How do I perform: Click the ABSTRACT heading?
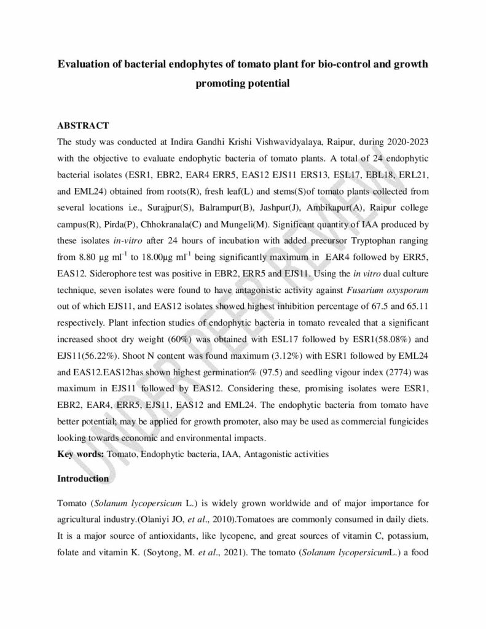click(x=83, y=125)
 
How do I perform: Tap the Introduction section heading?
click(x=83, y=478)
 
